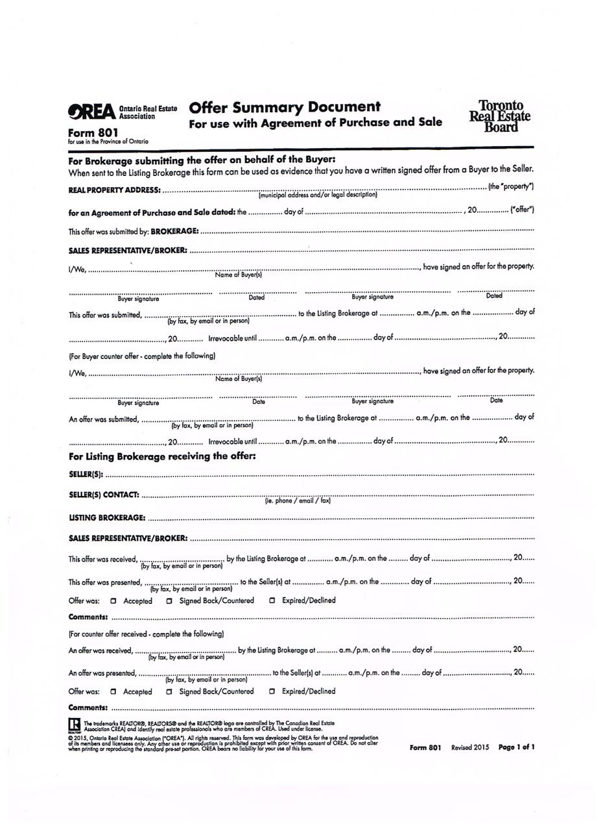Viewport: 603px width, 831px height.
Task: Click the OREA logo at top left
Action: (92, 112)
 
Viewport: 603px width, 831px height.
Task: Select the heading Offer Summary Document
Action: (285, 107)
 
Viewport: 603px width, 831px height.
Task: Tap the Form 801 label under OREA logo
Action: (93, 132)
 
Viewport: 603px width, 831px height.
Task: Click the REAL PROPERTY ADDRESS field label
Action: (114, 190)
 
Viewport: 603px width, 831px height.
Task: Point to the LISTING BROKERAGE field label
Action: (107, 518)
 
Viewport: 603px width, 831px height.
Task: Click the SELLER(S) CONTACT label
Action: (104, 495)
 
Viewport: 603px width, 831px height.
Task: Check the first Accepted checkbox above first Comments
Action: (113, 601)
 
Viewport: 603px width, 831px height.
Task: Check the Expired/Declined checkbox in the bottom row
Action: (272, 691)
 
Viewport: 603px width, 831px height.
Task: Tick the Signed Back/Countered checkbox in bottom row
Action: (169, 691)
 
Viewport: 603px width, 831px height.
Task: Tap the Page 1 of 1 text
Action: (516, 747)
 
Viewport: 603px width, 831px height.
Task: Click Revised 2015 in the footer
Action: (470, 747)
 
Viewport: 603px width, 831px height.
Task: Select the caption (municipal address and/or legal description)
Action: (318, 195)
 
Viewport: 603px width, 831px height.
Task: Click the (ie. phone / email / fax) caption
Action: (298, 501)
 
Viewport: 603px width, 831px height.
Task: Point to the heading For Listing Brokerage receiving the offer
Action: (162, 456)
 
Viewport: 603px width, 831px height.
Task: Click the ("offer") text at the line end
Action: (522, 210)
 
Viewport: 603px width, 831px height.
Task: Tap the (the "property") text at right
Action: (511, 187)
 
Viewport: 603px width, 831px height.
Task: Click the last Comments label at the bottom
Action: (88, 708)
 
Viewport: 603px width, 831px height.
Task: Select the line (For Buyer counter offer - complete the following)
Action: (142, 356)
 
